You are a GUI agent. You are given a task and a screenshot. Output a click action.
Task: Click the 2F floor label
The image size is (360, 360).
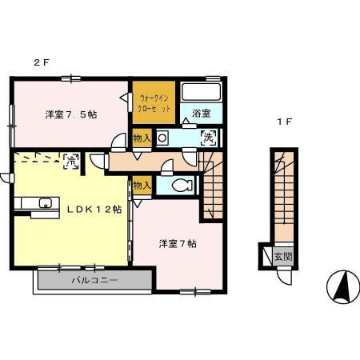(x=38, y=62)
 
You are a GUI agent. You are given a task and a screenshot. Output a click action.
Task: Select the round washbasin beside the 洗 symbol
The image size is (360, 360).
(x=162, y=138)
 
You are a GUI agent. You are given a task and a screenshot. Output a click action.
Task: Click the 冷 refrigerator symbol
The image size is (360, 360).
(x=70, y=161)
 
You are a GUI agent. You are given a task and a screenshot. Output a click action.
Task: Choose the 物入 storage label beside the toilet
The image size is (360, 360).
(x=142, y=186)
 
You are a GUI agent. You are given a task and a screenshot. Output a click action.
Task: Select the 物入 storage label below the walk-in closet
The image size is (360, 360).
(x=142, y=139)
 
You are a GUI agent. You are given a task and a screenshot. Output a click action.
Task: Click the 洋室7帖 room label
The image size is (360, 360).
(x=177, y=244)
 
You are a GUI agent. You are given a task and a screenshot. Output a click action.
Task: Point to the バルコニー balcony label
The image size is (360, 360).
(x=94, y=281)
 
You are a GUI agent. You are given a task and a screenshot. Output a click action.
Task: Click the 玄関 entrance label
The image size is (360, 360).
(x=282, y=258)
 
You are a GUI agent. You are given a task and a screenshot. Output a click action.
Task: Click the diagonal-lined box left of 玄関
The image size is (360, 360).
(x=264, y=257)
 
